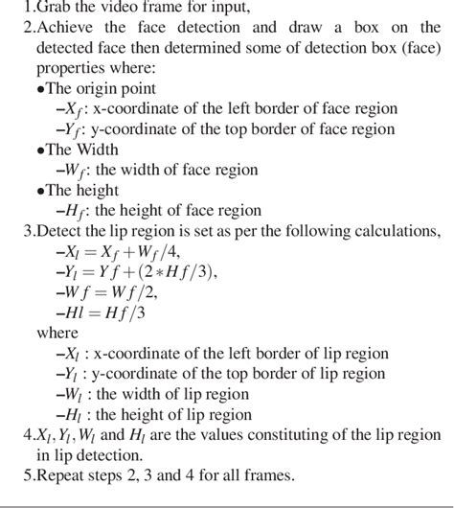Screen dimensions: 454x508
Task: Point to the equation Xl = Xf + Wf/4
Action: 115,251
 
